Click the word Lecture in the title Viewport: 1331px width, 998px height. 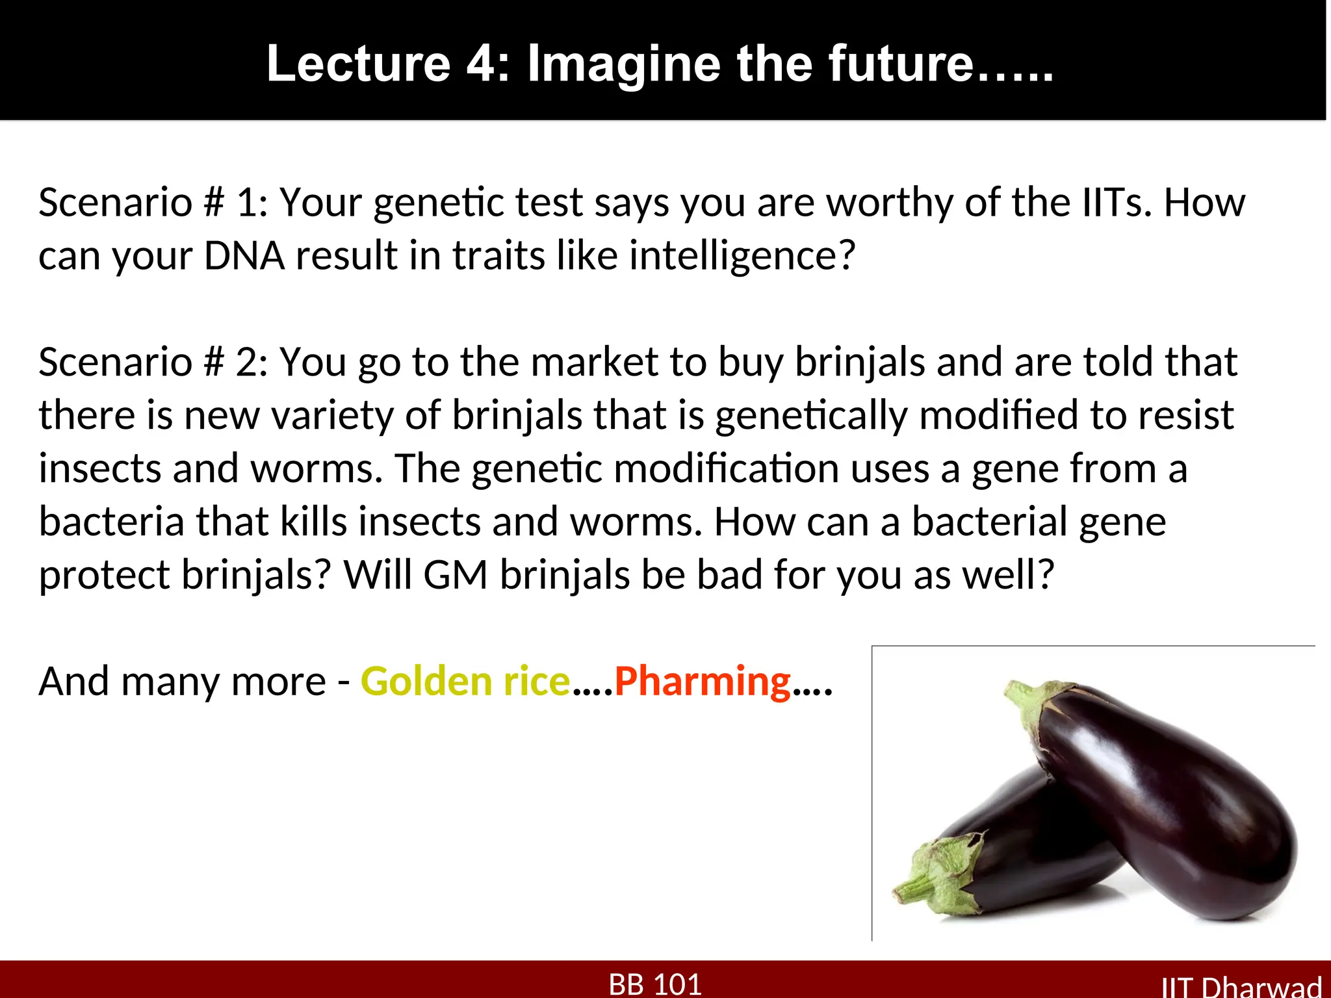coord(358,63)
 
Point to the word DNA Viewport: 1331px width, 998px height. coord(244,255)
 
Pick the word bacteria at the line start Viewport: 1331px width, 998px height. coord(111,522)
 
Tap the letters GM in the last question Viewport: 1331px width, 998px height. coord(456,575)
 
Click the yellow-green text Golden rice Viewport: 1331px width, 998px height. coord(465,682)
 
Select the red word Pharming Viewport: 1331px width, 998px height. coord(703,682)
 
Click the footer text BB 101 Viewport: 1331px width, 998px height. coord(655,984)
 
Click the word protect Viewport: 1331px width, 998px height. coord(104,575)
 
